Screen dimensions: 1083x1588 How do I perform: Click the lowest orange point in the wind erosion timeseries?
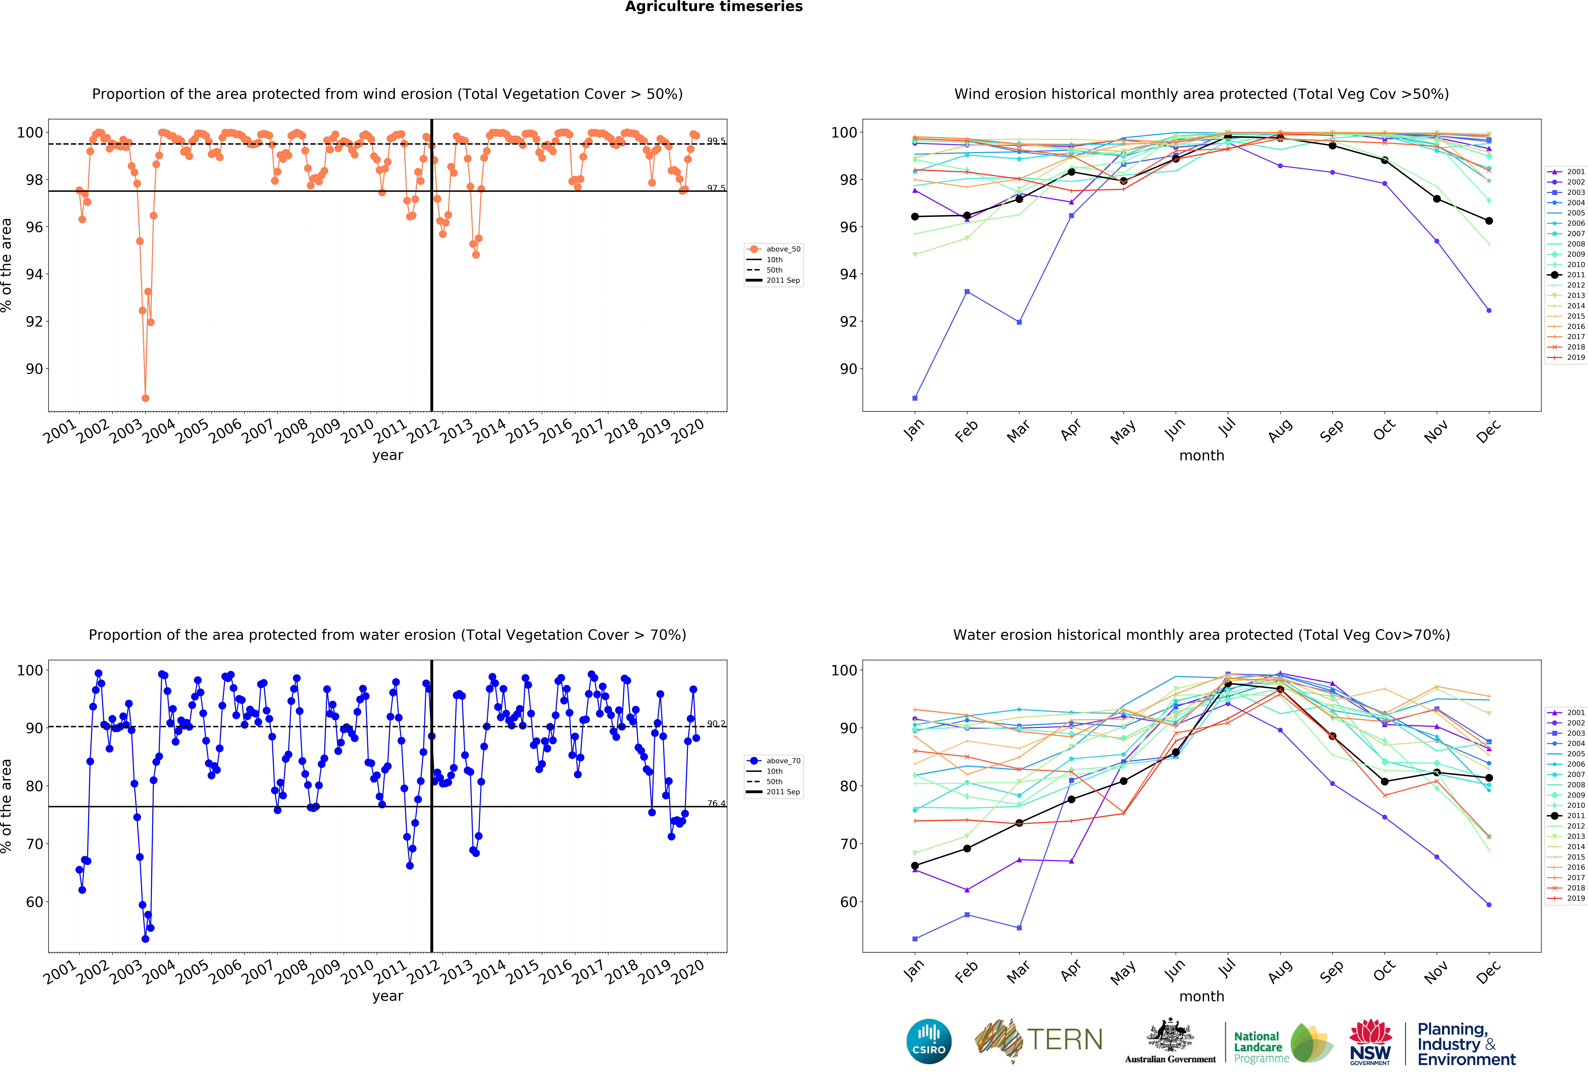point(145,398)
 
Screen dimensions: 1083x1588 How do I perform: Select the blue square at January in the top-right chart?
point(915,398)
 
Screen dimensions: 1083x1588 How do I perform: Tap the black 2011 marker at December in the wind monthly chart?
point(1489,221)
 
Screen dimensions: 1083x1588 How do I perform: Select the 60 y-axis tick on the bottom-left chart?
point(34,902)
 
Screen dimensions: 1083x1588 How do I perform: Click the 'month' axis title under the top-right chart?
point(1201,455)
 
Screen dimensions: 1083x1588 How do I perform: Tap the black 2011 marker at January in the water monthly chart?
point(915,866)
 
